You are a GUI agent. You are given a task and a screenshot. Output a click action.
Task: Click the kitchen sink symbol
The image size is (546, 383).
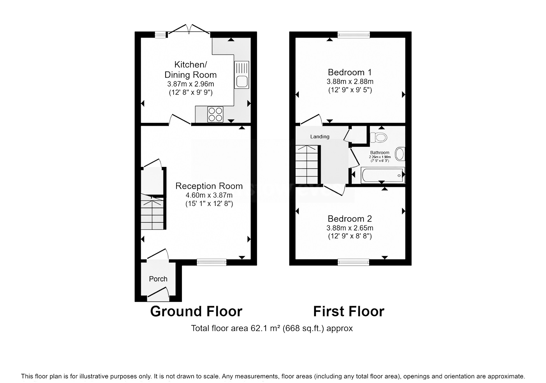241,75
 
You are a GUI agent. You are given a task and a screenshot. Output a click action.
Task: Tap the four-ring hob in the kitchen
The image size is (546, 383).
215,114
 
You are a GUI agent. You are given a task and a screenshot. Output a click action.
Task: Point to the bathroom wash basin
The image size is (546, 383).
400,154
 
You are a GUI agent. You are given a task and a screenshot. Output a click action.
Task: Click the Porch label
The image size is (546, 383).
158,279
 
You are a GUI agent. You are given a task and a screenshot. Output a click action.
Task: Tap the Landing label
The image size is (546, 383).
320,137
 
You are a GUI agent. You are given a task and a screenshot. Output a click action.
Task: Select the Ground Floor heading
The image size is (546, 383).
196,311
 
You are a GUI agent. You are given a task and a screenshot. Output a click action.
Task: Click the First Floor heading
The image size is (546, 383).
348,311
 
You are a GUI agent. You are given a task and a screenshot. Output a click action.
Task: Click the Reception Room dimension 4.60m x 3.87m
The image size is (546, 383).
209,195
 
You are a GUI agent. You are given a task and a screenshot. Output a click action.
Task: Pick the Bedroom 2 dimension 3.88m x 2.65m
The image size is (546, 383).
350,228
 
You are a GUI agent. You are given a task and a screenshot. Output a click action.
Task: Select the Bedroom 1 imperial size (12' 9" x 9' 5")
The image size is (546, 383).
350,90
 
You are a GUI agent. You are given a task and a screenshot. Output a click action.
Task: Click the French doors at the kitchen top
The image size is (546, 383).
189,30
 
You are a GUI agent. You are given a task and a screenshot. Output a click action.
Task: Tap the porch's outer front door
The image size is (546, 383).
158,294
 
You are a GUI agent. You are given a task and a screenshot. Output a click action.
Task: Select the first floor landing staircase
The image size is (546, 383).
307,164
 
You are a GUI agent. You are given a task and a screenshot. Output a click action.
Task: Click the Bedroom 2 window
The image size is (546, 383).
354,262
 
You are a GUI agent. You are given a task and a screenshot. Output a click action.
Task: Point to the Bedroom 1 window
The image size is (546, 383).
354,34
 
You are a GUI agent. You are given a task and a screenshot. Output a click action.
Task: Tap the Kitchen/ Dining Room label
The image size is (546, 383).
190,70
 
